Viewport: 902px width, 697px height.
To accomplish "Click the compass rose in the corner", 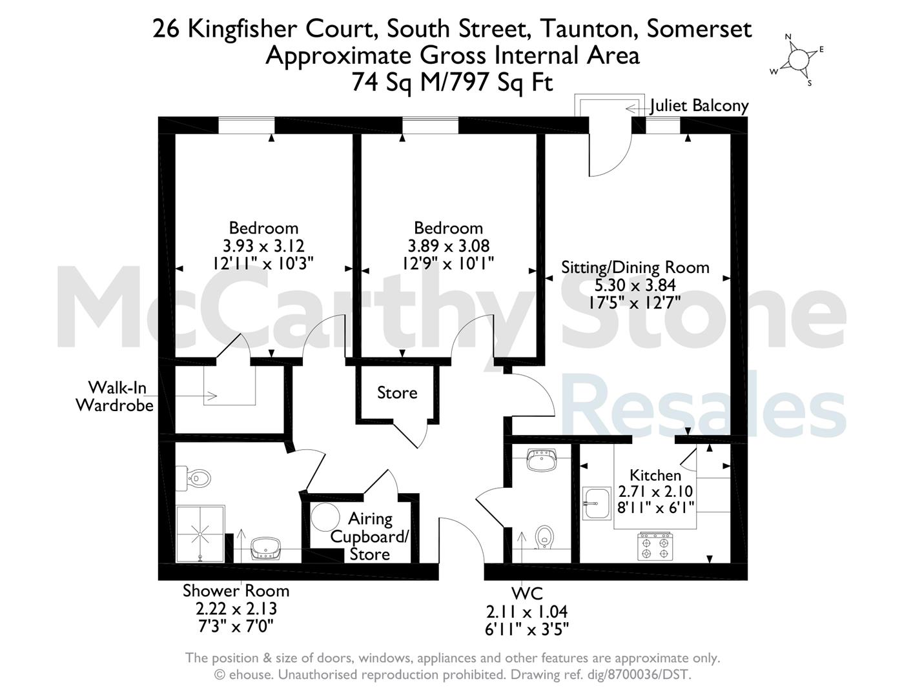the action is (796, 61).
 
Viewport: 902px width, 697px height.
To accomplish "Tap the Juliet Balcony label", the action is (699, 106).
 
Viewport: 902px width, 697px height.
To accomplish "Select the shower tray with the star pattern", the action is (201, 533).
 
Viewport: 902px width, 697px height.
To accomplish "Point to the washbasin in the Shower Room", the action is (266, 548).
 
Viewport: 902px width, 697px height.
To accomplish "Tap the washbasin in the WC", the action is (541, 460).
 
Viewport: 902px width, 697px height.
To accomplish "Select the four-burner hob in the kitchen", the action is (655, 547).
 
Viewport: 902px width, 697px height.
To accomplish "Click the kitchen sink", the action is (597, 503).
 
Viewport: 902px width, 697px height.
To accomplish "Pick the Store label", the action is (397, 392).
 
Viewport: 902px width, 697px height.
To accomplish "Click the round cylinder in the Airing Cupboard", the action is (325, 516).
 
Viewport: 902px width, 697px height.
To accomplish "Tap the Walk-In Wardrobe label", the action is (115, 397).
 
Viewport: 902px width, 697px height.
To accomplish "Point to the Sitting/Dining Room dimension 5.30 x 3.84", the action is (635, 285).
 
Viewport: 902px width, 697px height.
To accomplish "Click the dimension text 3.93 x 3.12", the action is (263, 246).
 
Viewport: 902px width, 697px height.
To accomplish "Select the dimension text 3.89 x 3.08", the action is (448, 246).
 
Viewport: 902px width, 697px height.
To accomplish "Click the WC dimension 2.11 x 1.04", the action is (527, 612).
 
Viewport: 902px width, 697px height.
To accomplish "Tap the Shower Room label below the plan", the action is (236, 591).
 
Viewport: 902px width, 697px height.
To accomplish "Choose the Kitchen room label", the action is (655, 475).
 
